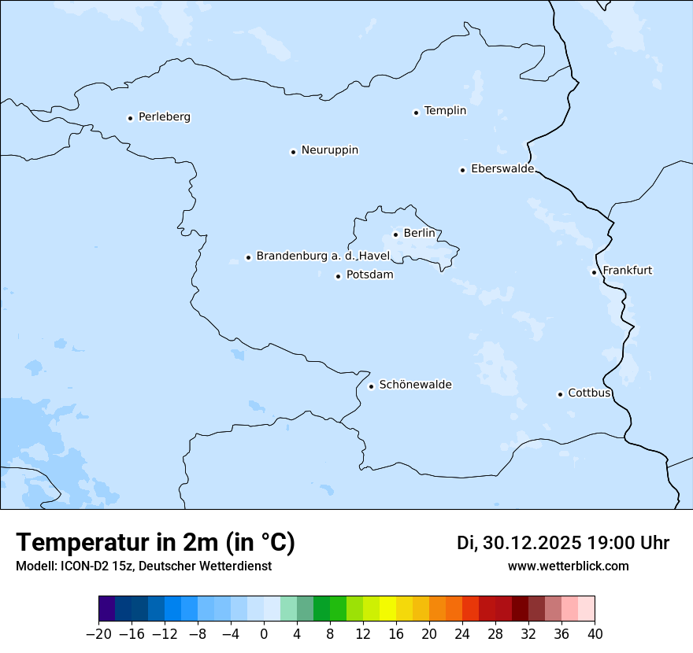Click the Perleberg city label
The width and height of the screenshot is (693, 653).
164,117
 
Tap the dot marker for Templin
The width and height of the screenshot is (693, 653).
416,113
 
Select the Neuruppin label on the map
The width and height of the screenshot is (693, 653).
329,150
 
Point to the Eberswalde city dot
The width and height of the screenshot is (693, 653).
462,170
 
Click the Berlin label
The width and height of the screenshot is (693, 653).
419,234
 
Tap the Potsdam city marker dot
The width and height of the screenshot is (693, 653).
338,276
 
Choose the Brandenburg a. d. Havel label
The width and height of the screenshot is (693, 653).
323,256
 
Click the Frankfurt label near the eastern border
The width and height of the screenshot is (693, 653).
627,271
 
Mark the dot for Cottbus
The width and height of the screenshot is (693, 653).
560,394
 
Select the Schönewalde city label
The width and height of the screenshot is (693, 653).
415,385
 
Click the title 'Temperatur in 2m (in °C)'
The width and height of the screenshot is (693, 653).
155,543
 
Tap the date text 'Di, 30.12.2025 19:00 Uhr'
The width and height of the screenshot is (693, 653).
562,543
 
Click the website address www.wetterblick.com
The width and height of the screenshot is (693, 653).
568,566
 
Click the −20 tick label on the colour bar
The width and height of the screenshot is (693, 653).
98,633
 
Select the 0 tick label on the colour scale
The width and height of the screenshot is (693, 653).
264,633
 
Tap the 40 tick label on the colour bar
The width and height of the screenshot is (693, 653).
595,633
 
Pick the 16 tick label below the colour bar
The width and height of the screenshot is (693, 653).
396,633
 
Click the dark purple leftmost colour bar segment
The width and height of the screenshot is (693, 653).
106,609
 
